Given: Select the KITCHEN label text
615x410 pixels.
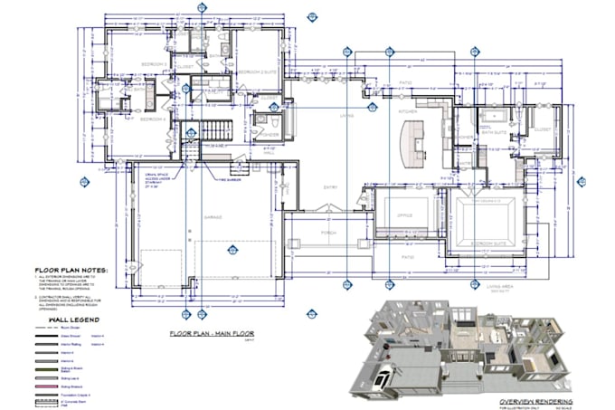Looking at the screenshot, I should [410, 110].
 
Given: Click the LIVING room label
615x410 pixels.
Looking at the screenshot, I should [345, 115].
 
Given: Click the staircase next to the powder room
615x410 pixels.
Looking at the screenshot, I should [216, 132].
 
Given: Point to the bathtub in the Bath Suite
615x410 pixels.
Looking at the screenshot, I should [494, 116].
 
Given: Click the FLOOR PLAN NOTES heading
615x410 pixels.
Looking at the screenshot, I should [71, 270].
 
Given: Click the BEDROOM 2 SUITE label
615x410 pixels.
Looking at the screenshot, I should [256, 69].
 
